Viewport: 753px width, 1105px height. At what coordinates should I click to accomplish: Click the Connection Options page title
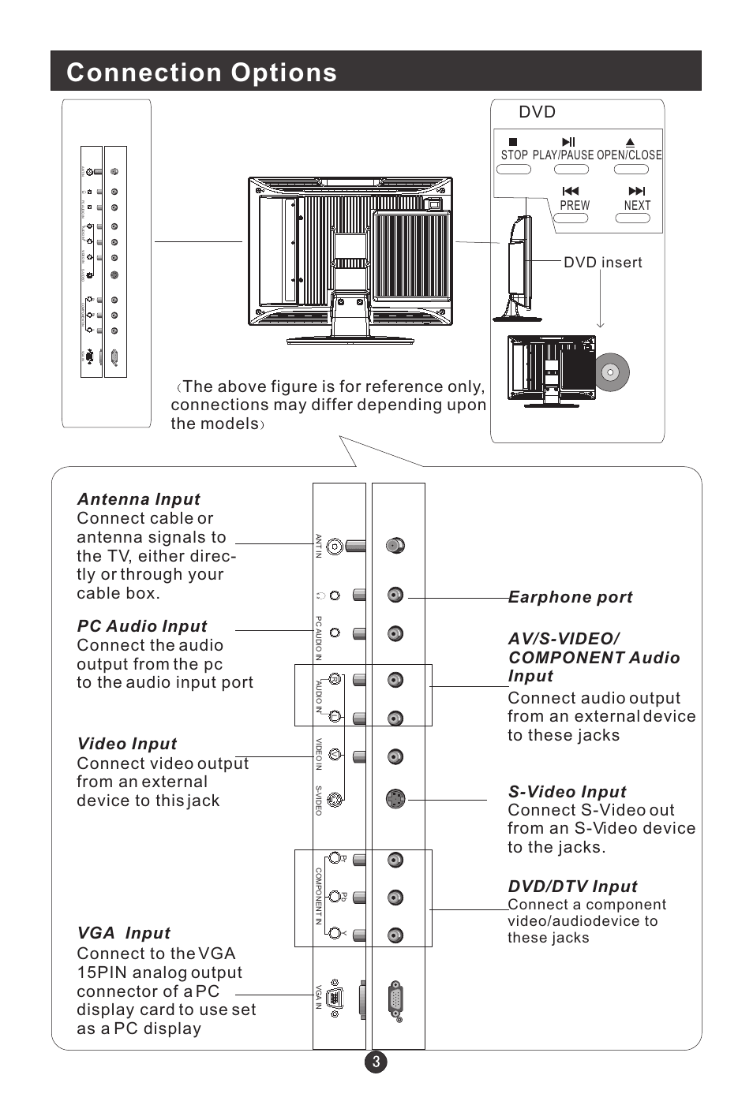[201, 73]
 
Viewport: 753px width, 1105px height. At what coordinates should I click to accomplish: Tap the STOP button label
[514, 155]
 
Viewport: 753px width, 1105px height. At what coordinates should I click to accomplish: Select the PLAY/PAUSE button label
[563, 155]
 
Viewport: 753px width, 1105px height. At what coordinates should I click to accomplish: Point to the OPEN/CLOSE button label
[629, 155]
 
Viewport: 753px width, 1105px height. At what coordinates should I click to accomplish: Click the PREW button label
[574, 205]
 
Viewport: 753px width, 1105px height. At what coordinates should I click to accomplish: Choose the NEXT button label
[637, 205]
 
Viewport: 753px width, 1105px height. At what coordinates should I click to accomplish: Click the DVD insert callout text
[602, 263]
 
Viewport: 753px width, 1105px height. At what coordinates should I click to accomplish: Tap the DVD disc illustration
[611, 372]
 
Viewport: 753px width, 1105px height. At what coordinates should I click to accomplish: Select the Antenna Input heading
[138, 499]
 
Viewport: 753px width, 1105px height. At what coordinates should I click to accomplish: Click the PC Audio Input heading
[142, 626]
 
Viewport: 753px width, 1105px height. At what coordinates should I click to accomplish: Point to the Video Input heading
[127, 744]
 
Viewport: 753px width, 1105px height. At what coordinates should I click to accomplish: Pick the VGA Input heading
[124, 933]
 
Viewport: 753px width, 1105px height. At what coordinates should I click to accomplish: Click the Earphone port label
[571, 597]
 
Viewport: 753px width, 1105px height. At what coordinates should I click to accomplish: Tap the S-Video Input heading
[567, 792]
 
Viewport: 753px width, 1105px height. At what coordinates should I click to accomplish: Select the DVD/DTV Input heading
[572, 887]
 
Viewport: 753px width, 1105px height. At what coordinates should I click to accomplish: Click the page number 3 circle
[376, 1062]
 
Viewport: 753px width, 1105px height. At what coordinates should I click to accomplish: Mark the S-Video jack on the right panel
[396, 798]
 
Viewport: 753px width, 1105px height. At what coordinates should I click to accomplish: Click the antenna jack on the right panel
[395, 545]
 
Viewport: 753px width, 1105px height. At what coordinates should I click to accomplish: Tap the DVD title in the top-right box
[537, 112]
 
